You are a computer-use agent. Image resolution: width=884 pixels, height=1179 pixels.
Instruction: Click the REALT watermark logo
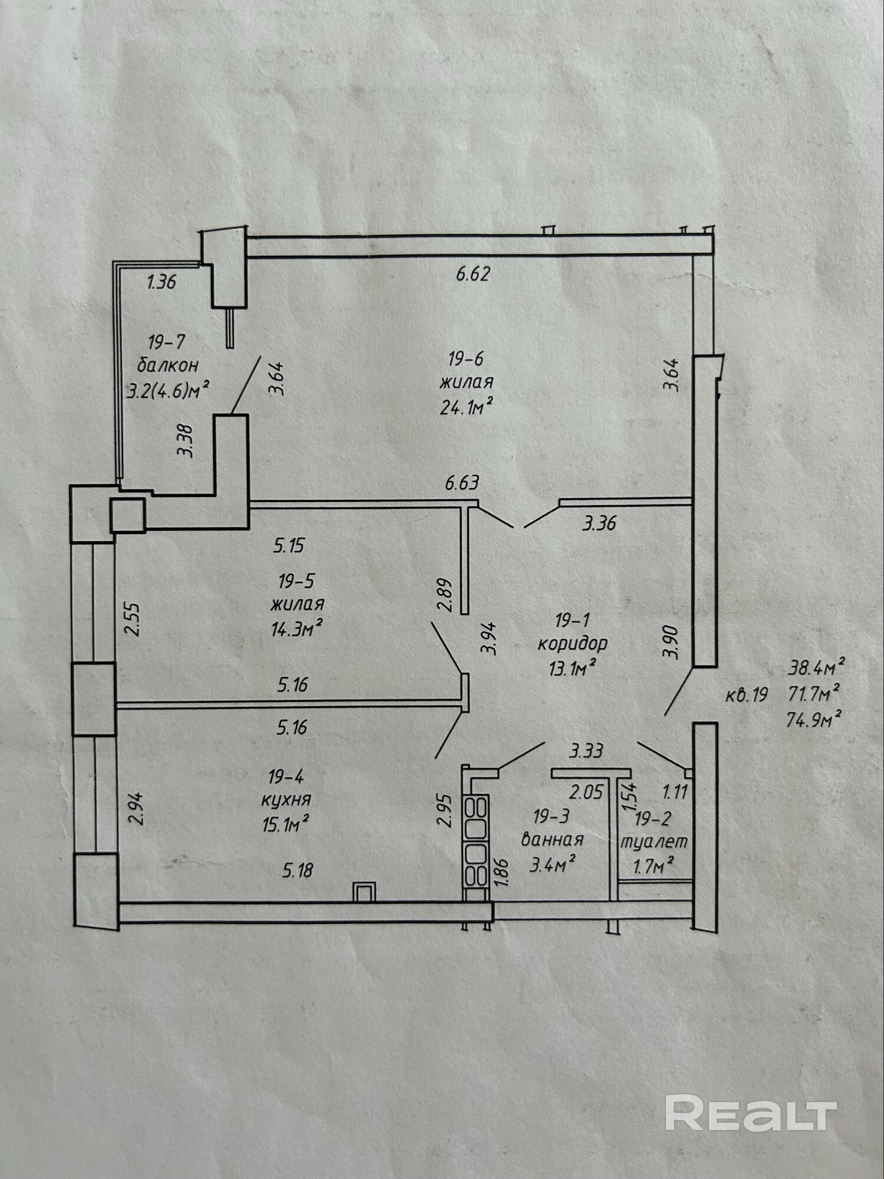point(751,1113)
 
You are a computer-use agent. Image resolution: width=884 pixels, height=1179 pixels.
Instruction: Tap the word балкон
point(167,365)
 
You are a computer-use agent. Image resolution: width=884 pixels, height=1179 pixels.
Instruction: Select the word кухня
point(286,800)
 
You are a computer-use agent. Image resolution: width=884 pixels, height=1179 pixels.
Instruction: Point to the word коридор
point(572,643)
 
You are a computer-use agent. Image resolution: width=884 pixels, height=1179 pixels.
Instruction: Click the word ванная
point(552,839)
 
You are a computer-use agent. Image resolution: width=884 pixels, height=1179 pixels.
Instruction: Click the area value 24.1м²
point(466,406)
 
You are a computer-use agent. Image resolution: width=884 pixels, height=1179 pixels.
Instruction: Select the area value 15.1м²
point(286,824)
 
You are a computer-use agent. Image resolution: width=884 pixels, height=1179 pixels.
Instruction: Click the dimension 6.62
point(473,274)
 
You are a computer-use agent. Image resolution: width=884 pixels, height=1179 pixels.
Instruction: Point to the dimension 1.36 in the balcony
point(161,282)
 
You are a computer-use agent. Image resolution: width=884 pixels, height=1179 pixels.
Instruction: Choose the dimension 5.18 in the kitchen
point(298,870)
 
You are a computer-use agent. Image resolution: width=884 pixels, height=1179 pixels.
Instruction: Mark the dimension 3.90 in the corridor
point(671,641)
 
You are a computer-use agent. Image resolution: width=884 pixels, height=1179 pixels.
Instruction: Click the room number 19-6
point(466,358)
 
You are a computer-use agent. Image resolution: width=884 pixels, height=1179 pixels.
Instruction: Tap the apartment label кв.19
point(746,696)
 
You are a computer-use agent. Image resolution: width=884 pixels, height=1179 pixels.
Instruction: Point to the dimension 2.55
point(134,618)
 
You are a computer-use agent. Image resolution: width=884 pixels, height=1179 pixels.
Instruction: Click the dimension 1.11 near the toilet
point(675,792)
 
